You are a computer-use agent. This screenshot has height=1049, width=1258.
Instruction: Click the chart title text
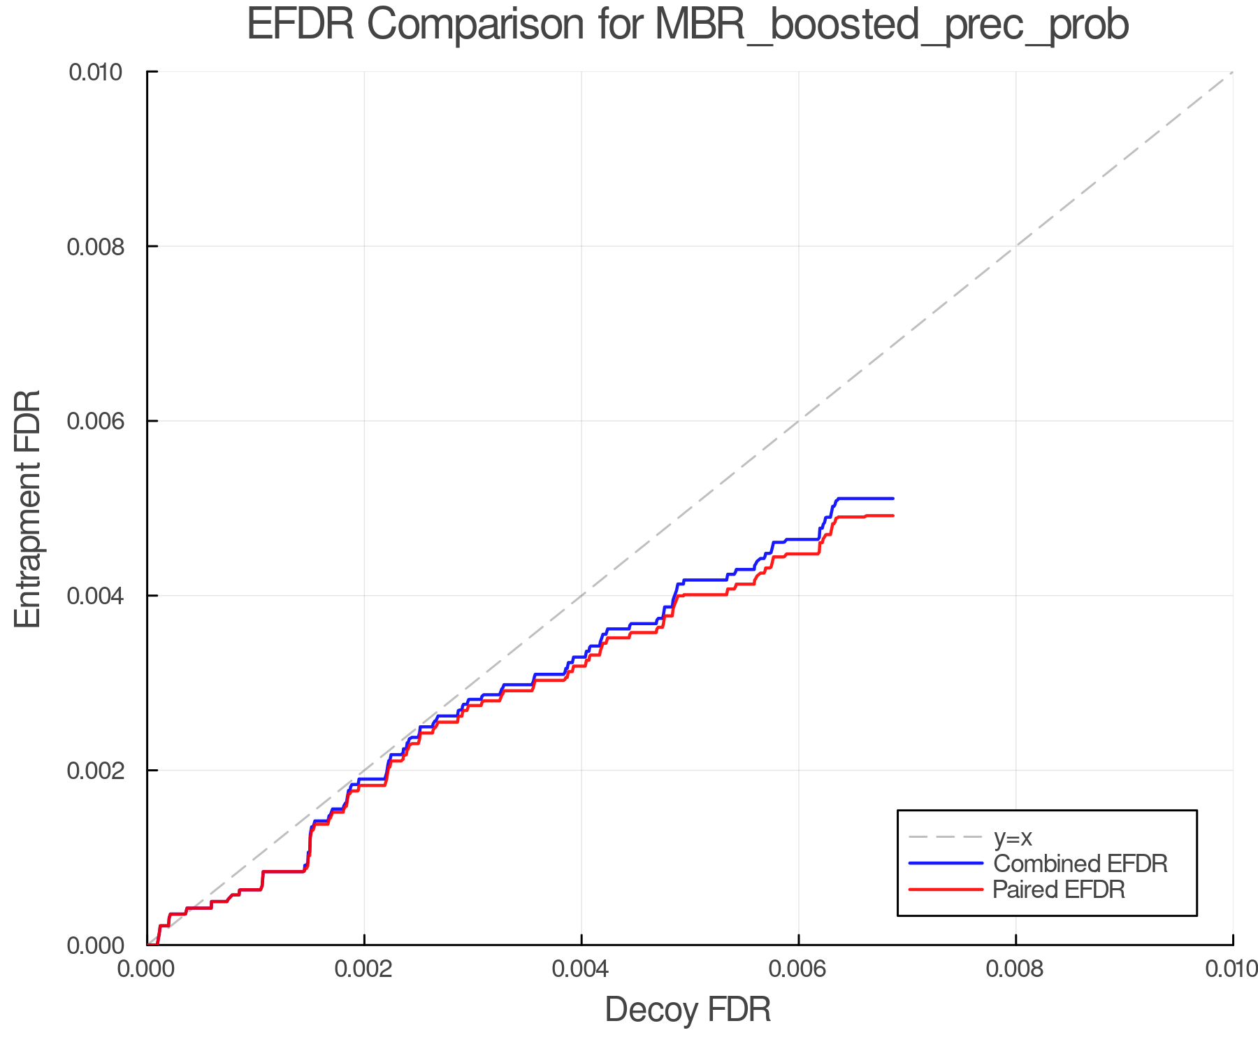pos(688,25)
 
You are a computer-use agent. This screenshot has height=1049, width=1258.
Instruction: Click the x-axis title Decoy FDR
pos(688,1010)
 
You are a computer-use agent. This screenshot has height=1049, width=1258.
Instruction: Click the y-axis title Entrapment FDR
pos(28,508)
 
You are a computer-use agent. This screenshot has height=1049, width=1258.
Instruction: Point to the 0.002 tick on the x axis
pos(364,969)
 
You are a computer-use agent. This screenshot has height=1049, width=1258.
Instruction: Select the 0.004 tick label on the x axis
pos(581,969)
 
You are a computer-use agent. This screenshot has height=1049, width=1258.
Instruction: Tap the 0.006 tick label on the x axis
pos(798,969)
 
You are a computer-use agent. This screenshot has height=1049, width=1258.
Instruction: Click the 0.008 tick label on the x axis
pos(1015,969)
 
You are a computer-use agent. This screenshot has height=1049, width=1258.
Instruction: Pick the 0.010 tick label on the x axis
pos(1231,969)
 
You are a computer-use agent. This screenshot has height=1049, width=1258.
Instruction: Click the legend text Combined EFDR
pos(1080,864)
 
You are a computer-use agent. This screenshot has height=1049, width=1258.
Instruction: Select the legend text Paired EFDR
pos(1060,890)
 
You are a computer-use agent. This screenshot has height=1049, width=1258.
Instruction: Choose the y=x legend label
pos(1013,837)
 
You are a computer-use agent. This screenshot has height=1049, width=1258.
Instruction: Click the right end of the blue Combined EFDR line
pos(893,499)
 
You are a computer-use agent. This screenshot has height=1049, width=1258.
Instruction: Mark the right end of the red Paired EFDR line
pos(893,515)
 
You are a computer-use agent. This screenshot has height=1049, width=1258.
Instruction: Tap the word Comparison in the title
pos(475,25)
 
